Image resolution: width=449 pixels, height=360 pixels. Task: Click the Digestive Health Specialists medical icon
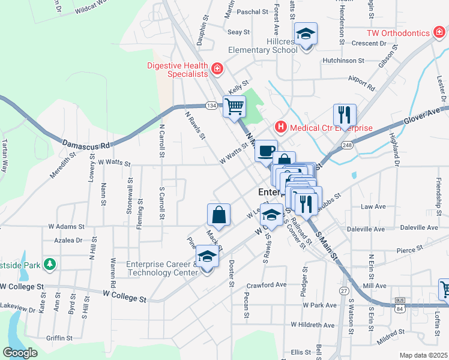(x=217, y=69)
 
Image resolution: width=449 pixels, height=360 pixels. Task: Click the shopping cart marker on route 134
(x=234, y=107)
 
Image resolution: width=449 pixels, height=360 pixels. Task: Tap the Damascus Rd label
(x=86, y=145)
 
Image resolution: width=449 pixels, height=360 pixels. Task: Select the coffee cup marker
(x=266, y=151)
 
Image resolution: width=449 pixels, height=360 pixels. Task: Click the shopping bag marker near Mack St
(x=219, y=215)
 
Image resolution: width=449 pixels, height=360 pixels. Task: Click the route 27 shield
(x=344, y=290)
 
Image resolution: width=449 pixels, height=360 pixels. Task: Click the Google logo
(x=20, y=353)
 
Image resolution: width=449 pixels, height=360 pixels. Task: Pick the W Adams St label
(x=67, y=227)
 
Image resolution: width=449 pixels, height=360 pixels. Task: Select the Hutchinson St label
(x=343, y=61)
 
